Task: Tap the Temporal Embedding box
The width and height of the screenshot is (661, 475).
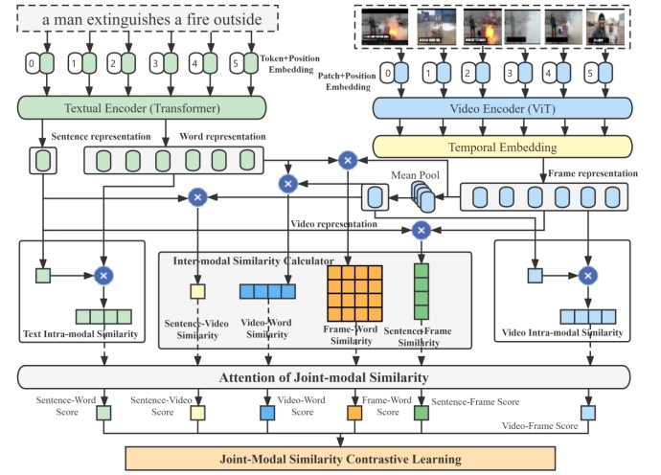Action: pos(502,147)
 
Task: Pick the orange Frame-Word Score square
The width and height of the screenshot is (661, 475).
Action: pos(353,413)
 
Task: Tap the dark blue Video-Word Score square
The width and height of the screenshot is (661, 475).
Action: pos(267,413)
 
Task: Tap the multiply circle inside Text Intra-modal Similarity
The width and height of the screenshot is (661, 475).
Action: pos(103,276)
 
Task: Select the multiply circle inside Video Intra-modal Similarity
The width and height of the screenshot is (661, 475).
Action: pos(588,276)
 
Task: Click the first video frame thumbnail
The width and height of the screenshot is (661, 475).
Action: pos(383,26)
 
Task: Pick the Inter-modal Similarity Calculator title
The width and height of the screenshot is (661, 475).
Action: pos(252,260)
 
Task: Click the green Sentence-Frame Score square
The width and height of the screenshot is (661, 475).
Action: pos(420,413)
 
